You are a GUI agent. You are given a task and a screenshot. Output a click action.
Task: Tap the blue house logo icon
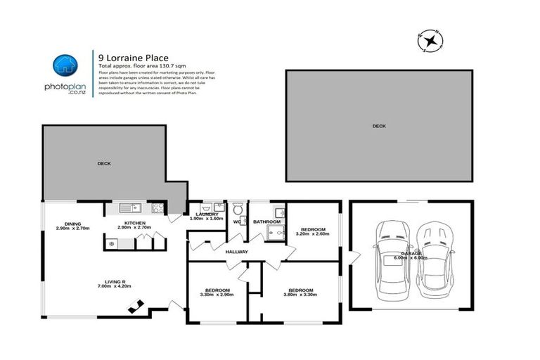tap(65, 65)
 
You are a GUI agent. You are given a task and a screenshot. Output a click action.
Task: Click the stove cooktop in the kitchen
tap(158, 207)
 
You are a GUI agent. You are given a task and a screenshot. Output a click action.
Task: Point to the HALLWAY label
tap(237, 251)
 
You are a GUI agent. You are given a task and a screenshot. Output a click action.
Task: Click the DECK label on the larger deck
tap(379, 126)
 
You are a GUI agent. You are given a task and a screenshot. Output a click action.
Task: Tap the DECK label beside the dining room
tap(104, 163)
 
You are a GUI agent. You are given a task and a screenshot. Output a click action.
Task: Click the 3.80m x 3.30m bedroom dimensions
tap(300, 295)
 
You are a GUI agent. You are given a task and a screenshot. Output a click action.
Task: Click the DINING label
tap(73, 224)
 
